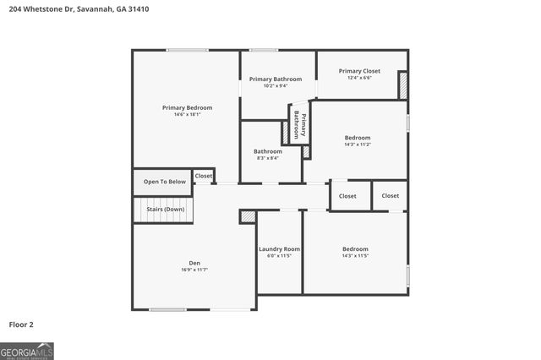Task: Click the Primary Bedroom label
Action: tap(187, 107)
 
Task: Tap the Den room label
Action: tap(194, 262)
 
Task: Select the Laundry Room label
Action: tap(279, 248)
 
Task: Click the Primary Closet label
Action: tap(361, 71)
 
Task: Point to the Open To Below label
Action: tap(164, 182)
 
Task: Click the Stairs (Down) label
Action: tap(165, 209)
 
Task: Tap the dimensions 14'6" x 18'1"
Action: tap(187, 115)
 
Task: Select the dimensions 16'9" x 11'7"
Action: tap(194, 270)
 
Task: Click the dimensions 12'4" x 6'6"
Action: tap(361, 78)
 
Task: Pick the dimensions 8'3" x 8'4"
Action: tap(268, 158)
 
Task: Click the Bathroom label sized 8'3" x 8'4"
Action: tap(268, 151)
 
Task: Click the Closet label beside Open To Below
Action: tap(204, 176)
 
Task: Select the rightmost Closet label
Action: tap(390, 195)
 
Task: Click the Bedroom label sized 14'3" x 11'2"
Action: tap(357, 137)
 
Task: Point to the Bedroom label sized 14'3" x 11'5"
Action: tap(355, 248)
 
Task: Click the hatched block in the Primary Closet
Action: tap(403, 85)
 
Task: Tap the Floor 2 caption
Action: tap(22, 324)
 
